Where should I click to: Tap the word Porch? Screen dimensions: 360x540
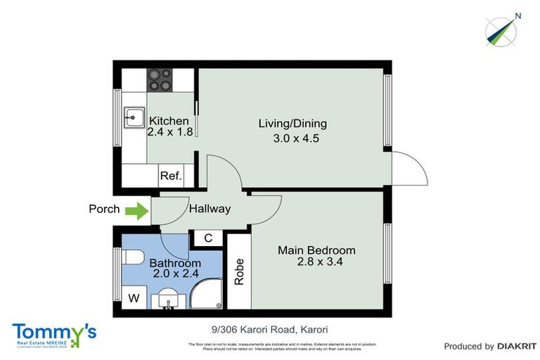click(x=105, y=210)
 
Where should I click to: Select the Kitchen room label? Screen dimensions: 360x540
click(x=168, y=121)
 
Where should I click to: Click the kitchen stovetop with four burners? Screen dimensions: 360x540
click(x=160, y=79)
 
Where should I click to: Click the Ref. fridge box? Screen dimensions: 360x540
click(x=171, y=176)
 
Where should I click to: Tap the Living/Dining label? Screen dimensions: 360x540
click(x=292, y=124)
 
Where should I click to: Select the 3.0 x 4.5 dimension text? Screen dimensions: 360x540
click(x=296, y=139)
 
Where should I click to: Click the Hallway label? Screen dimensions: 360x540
click(x=210, y=209)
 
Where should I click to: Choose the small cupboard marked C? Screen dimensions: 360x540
click(x=208, y=238)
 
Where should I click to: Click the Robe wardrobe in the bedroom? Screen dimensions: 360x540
click(x=238, y=271)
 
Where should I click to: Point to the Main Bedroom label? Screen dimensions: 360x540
click(x=316, y=250)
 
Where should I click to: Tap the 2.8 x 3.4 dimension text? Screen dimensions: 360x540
click(x=316, y=262)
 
